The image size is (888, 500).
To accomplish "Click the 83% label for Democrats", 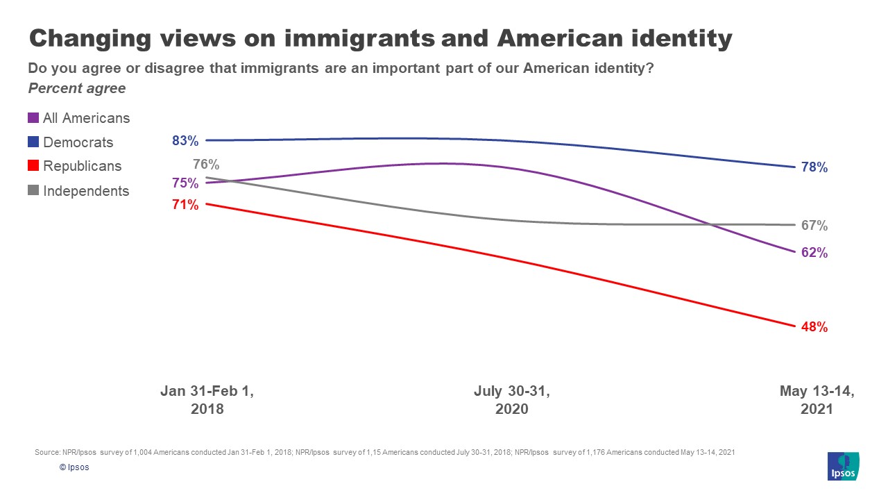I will click(x=185, y=141).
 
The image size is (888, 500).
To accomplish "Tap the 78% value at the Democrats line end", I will click(x=814, y=167).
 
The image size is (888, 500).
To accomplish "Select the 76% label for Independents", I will click(x=206, y=165).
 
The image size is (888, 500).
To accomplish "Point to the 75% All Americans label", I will click(x=185, y=183).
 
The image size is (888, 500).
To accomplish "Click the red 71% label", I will click(x=185, y=205).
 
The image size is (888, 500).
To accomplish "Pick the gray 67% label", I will click(x=814, y=226).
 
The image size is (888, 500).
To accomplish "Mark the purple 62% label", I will click(x=814, y=253).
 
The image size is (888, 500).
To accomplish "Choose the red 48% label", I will click(x=814, y=327).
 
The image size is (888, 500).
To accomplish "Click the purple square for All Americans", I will click(x=33, y=119).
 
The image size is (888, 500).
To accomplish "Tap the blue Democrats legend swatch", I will click(x=33, y=142).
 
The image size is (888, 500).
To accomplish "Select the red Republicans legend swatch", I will click(x=33, y=167).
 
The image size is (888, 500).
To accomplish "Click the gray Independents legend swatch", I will click(x=33, y=191).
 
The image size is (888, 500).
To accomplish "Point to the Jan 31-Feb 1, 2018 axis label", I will click(x=207, y=400).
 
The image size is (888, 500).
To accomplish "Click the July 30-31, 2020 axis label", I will click(x=511, y=400).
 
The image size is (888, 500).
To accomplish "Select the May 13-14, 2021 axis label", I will click(x=817, y=400).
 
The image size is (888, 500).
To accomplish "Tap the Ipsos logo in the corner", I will click(x=844, y=466).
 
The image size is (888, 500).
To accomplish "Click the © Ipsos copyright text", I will click(x=74, y=467).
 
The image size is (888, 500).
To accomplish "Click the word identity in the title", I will click(x=677, y=39).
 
